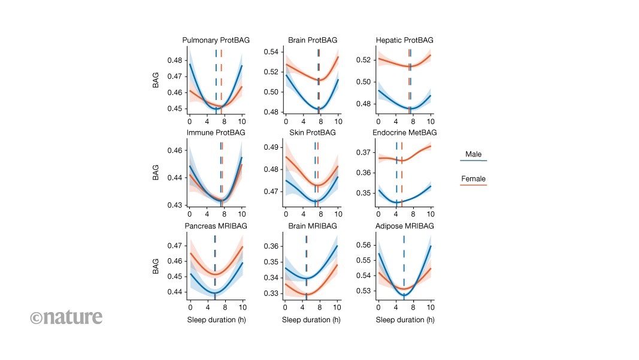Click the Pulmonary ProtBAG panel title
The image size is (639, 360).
tap(216, 40)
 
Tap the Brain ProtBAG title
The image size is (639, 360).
tap(313, 40)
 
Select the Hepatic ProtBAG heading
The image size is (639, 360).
tap(404, 40)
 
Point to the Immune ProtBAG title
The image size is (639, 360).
tap(216, 132)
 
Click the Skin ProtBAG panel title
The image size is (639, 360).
tap(313, 132)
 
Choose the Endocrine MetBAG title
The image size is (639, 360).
tap(404, 132)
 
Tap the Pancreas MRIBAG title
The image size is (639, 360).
tap(216, 226)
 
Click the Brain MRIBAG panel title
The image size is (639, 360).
tap(313, 226)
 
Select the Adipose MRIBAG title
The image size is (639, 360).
tap(404, 226)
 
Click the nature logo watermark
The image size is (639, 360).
tap(66, 317)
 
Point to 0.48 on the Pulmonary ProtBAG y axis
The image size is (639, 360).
tap(174, 60)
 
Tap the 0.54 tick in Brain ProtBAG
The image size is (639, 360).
tap(271, 52)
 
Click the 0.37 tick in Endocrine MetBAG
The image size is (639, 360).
tap(363, 153)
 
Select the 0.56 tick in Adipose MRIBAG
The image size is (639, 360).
tap(363, 245)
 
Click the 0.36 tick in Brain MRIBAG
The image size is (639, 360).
tap(271, 246)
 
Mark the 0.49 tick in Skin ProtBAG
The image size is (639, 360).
tap(271, 147)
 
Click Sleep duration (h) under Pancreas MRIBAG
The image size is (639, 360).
tap(216, 320)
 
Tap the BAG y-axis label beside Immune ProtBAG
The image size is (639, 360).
tap(156, 173)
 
